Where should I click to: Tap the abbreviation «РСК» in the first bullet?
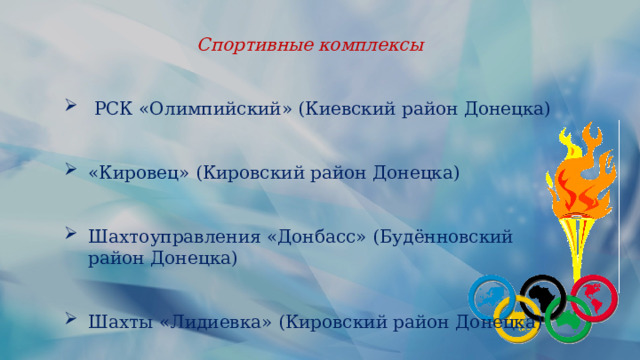(x=110, y=108)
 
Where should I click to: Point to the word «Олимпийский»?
(x=210, y=108)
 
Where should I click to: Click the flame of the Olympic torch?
(x=580, y=170)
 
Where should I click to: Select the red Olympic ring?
(x=595, y=295)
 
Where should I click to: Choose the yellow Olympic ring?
(x=519, y=319)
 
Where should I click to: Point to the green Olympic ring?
(x=569, y=319)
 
